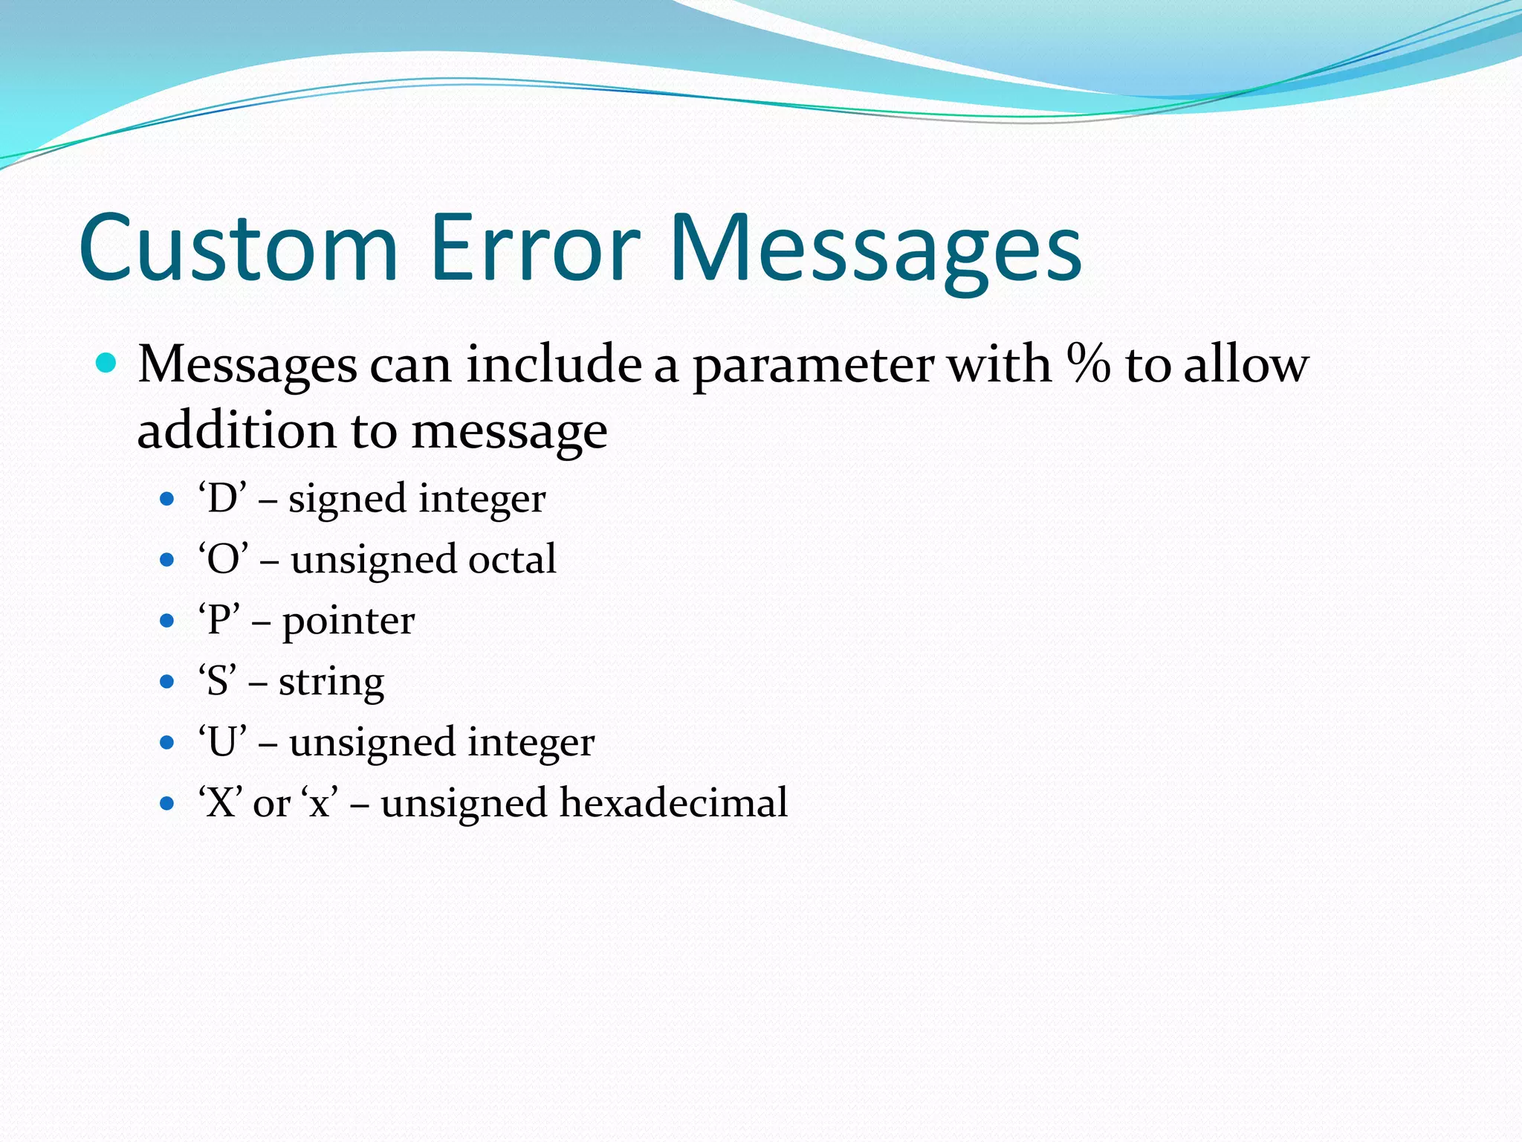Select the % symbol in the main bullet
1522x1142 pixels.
[x=1088, y=364]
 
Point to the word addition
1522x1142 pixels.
[x=237, y=430]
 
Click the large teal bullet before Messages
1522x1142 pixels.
[x=107, y=364]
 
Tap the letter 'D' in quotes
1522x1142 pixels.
[x=221, y=499]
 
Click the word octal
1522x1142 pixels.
[x=512, y=560]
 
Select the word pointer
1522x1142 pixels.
[x=348, y=622]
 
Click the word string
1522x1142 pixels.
[x=331, y=682]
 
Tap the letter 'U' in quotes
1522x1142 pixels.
[x=221, y=743]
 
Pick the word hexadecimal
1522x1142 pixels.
[x=673, y=803]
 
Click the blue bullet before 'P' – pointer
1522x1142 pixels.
[x=166, y=621]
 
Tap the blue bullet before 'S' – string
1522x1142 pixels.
[x=166, y=682]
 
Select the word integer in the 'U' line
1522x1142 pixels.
[x=531, y=743]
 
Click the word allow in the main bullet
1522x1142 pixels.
[x=1246, y=364]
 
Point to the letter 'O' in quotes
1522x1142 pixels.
[x=222, y=560]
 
